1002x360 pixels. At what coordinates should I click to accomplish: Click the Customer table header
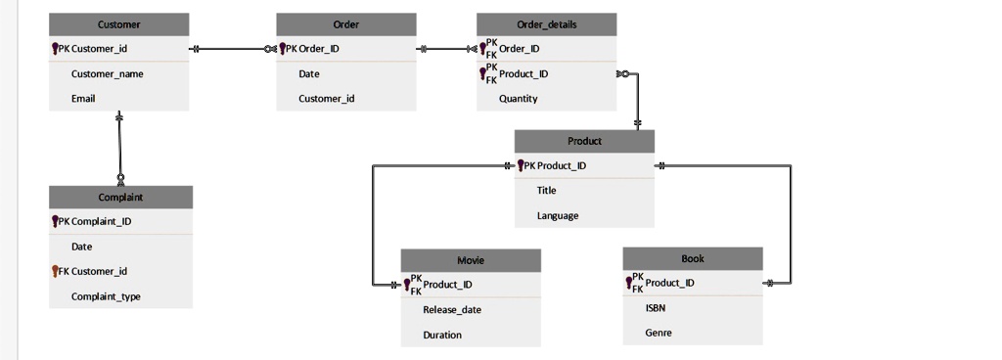tap(119, 24)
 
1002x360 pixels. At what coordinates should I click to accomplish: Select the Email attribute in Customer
tap(83, 99)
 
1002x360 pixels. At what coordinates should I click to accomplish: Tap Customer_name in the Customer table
tap(108, 73)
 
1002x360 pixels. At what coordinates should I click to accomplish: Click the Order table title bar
tap(346, 24)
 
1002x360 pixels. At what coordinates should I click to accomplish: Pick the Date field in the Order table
tap(309, 73)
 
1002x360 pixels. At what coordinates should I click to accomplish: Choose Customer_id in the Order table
tap(327, 99)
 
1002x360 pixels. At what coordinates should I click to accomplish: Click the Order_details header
tap(547, 24)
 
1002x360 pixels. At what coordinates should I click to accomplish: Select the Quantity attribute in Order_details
tap(518, 99)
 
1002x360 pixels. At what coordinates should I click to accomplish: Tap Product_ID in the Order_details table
tap(524, 73)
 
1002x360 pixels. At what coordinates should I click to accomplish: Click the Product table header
tap(584, 141)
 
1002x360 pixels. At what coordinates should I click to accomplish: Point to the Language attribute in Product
tap(558, 215)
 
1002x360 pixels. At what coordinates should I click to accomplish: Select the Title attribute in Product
tap(546, 191)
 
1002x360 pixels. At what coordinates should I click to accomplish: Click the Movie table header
tap(471, 260)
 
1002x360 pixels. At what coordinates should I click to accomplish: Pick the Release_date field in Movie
tap(452, 310)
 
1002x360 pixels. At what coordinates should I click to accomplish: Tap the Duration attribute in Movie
tap(442, 335)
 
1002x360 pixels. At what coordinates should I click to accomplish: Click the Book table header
tap(693, 258)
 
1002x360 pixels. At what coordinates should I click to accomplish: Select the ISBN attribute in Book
tap(656, 307)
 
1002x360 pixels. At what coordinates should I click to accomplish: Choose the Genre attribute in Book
tap(659, 333)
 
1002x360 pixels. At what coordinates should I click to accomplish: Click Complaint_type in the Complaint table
tap(106, 296)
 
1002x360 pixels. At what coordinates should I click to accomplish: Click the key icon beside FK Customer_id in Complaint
tap(55, 271)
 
